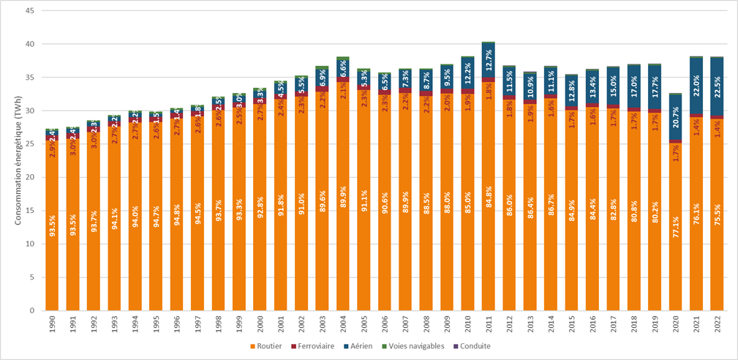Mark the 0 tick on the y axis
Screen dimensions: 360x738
pyautogui.click(x=30, y=310)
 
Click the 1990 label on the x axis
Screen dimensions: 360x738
pyautogui.click(x=51, y=324)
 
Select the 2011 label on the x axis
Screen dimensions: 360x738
pyautogui.click(x=488, y=324)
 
